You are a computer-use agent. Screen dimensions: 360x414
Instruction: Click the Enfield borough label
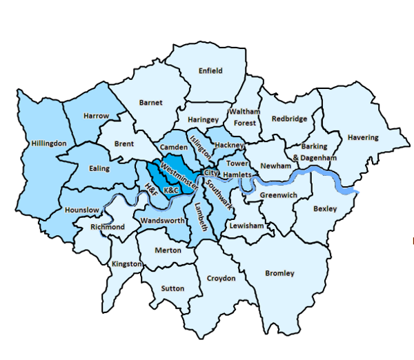(210, 70)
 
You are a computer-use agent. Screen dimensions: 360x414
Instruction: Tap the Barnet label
(150, 103)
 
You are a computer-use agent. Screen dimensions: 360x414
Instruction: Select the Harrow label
(96, 116)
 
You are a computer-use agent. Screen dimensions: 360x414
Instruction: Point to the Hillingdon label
(48, 143)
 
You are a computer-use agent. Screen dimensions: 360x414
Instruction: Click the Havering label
(363, 137)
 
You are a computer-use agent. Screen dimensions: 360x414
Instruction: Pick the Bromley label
(279, 273)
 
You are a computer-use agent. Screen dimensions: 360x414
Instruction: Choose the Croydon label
(221, 279)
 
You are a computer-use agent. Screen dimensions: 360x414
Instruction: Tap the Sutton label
(172, 288)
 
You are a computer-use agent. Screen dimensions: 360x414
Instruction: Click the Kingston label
(126, 263)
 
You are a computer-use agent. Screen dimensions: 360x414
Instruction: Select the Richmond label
(108, 227)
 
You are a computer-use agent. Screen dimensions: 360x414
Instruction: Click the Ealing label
(100, 168)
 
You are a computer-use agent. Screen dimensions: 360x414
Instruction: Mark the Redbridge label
(288, 119)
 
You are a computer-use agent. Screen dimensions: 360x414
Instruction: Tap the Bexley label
(325, 208)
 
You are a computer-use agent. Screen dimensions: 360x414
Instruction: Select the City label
(211, 172)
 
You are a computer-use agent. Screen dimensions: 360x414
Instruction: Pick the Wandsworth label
(162, 221)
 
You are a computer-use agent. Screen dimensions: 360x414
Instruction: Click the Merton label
(168, 251)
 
